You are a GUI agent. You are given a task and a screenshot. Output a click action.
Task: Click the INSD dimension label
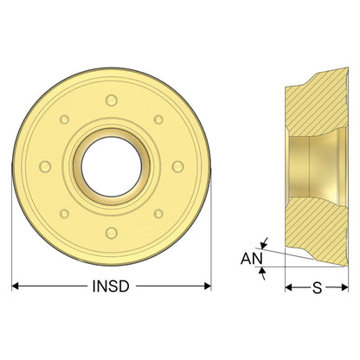(111, 286)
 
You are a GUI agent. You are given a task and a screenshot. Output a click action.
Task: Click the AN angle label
(252, 259)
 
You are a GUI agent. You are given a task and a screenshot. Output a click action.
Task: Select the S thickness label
(317, 287)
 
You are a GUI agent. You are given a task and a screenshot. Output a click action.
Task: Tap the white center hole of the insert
(112, 167)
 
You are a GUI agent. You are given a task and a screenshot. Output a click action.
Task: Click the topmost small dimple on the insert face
(112, 100)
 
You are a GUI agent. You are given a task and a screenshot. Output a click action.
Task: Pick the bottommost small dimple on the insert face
(112, 233)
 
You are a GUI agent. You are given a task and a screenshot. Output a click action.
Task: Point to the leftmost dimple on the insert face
(45, 167)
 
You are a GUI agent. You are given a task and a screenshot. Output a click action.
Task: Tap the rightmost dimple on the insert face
(177, 167)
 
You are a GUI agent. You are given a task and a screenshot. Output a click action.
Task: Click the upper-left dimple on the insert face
(64, 119)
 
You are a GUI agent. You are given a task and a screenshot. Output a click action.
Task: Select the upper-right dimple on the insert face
(158, 119)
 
